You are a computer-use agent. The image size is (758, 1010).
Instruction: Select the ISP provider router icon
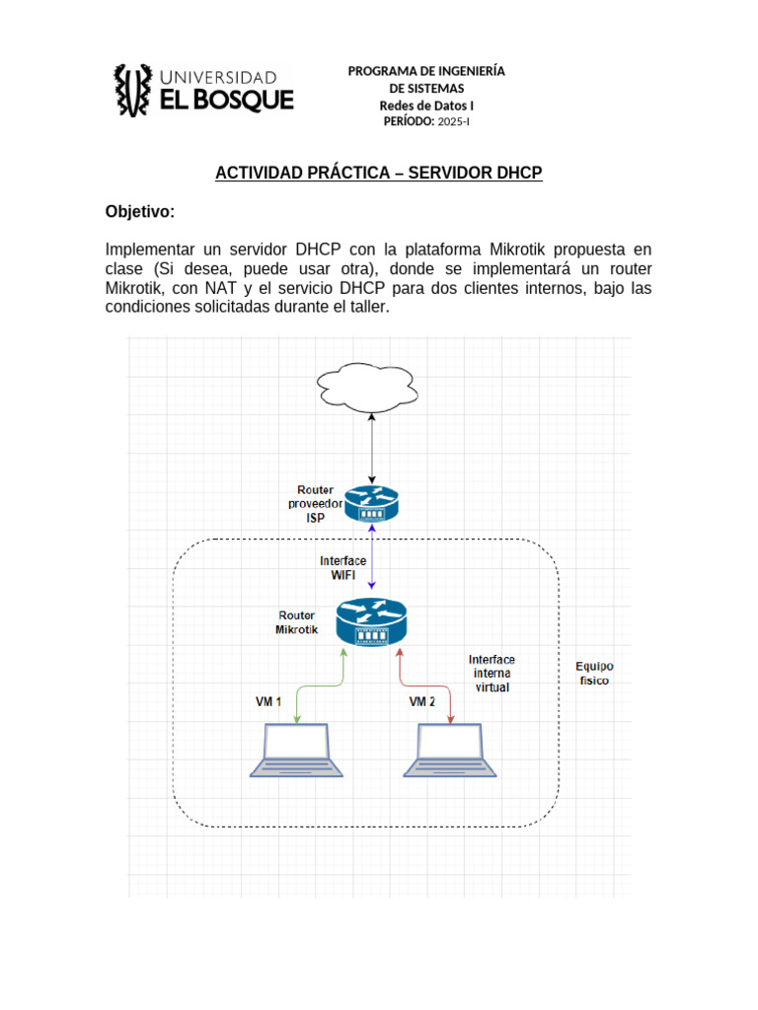[x=371, y=504]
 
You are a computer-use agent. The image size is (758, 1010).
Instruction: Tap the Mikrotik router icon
[x=371, y=622]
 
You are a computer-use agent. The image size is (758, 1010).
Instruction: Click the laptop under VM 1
[x=297, y=751]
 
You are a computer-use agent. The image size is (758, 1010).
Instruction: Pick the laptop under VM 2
[x=451, y=751]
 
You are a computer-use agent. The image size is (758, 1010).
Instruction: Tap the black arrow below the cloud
[x=371, y=449]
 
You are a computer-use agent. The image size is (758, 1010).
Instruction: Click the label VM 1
[x=268, y=702]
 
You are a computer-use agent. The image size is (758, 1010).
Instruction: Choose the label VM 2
[x=422, y=702]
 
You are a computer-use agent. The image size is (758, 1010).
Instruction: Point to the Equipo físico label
[x=594, y=674]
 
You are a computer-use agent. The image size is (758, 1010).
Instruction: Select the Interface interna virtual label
[x=492, y=673]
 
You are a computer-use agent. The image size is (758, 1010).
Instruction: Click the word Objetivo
[x=138, y=212]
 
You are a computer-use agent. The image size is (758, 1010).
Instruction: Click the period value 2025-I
[x=454, y=121]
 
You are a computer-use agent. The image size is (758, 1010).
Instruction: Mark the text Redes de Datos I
[x=426, y=105]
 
